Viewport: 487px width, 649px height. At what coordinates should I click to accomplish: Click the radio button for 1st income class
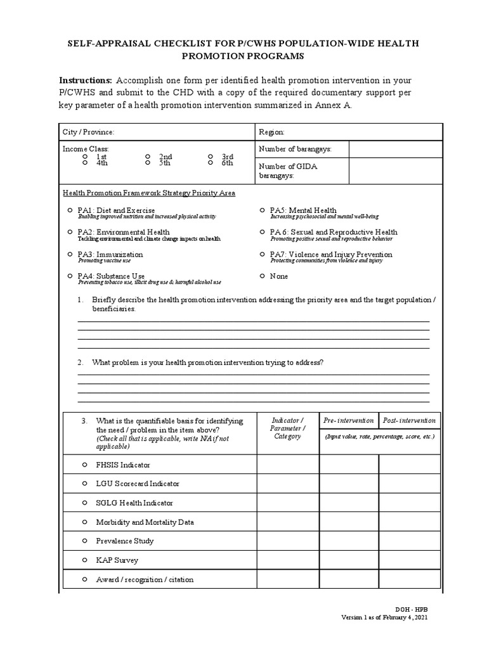tap(85, 157)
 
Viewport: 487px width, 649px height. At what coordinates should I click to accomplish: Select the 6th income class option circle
tap(210, 163)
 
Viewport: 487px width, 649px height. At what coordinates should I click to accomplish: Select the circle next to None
tap(262, 276)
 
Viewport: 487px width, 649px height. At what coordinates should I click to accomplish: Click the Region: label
tap(271, 132)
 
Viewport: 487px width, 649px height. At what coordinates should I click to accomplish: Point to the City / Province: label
tap(88, 132)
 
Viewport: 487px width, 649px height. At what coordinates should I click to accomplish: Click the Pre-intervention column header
tap(348, 420)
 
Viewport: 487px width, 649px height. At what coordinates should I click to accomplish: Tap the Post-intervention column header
tap(409, 420)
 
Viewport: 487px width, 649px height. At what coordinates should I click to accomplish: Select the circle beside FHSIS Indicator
tap(84, 465)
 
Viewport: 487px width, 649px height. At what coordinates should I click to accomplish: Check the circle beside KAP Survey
tap(84, 560)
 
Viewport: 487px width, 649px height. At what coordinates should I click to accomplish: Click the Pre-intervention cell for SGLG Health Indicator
tap(348, 503)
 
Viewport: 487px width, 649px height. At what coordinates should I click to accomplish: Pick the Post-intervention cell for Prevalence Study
tap(409, 541)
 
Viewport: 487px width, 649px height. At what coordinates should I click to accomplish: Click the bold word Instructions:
tap(85, 80)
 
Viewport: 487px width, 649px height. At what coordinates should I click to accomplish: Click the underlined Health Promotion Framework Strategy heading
tap(148, 193)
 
